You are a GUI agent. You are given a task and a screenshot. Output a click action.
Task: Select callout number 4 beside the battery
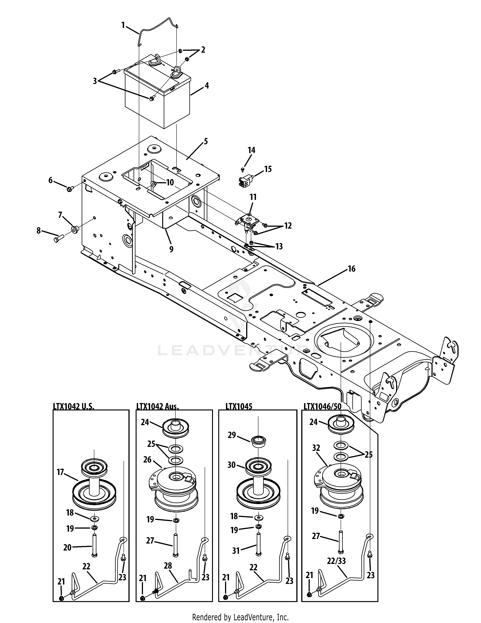tap(207, 86)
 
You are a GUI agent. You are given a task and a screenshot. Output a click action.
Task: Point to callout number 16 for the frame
tap(352, 269)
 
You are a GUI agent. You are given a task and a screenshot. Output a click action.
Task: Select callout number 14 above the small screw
tap(251, 150)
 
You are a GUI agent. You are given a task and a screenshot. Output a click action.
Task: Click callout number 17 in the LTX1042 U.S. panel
tap(60, 472)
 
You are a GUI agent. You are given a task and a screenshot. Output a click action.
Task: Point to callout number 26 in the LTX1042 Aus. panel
tap(147, 468)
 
